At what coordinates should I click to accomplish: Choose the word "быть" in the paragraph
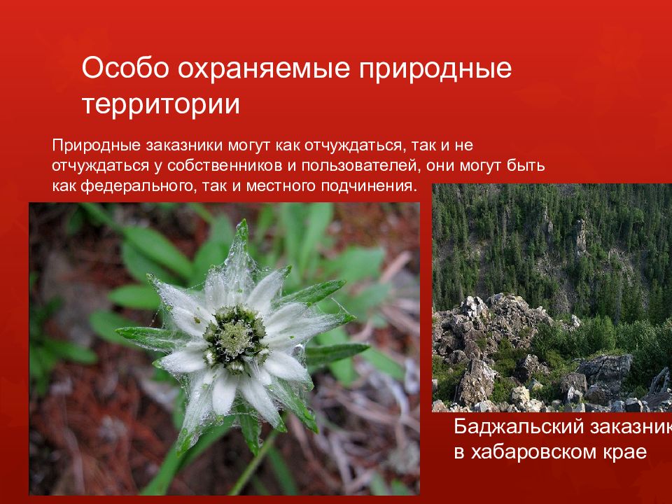point(529,167)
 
